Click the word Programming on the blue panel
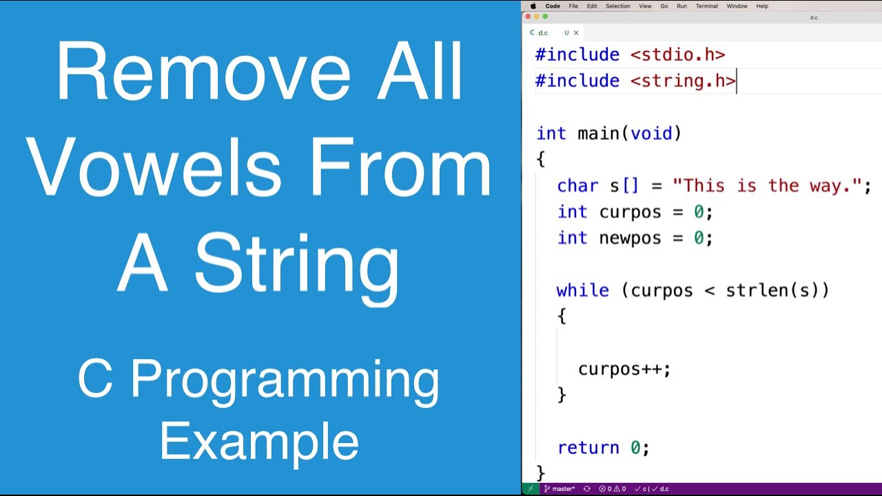click(x=285, y=381)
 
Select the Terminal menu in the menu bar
click(x=706, y=6)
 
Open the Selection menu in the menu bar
click(x=617, y=6)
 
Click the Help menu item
click(x=762, y=6)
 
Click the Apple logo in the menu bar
click(x=533, y=6)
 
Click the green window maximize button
click(x=545, y=17)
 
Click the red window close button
click(x=529, y=17)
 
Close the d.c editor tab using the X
click(x=576, y=32)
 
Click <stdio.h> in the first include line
click(x=677, y=54)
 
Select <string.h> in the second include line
click(x=682, y=81)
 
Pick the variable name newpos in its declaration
click(x=630, y=238)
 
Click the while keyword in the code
click(x=582, y=290)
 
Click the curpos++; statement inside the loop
click(x=624, y=369)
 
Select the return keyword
click(x=588, y=448)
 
